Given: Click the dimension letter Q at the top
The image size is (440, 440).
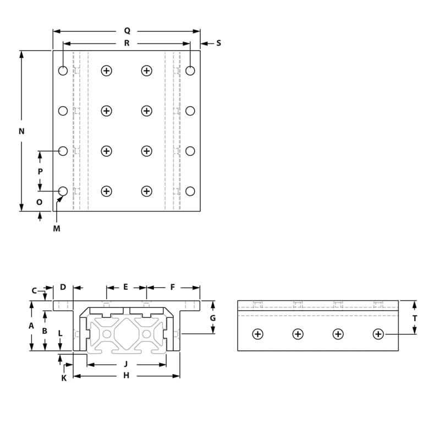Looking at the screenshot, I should pyautogui.click(x=127, y=31).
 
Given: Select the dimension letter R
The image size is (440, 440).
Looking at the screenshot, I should pyautogui.click(x=127, y=43).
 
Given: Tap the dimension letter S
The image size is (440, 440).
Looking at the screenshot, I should pyautogui.click(x=218, y=43).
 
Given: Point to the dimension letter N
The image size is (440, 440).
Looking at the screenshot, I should pyautogui.click(x=21, y=131).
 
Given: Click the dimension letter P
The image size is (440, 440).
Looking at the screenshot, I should pyautogui.click(x=40, y=171).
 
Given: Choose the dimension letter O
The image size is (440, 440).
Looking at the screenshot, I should pyautogui.click(x=39, y=202).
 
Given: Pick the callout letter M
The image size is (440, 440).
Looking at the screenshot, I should pyautogui.click(x=56, y=228).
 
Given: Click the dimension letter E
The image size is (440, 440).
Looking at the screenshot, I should pyautogui.click(x=125, y=287).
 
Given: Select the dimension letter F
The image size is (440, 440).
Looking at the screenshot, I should pyautogui.click(x=173, y=287).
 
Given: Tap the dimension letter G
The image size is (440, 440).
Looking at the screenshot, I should pyautogui.click(x=213, y=318).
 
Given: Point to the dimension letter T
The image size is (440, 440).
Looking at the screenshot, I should pyautogui.click(x=415, y=318).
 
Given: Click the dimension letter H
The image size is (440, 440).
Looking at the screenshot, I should pyautogui.click(x=126, y=376).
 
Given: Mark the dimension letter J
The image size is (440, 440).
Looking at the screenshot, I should pyautogui.click(x=126, y=364).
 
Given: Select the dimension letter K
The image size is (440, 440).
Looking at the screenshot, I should pyautogui.click(x=64, y=378).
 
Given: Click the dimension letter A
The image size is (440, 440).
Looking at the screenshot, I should pyautogui.click(x=31, y=326).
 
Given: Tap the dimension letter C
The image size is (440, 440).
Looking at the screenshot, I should pyautogui.click(x=34, y=290).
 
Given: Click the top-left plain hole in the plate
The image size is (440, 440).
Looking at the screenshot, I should pyautogui.click(x=63, y=70).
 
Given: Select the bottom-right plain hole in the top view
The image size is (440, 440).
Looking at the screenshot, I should pyautogui.click(x=190, y=191).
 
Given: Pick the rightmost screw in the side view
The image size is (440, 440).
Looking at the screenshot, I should pyautogui.click(x=378, y=334).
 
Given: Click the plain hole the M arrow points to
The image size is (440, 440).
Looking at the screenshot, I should pyautogui.click(x=63, y=191).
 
